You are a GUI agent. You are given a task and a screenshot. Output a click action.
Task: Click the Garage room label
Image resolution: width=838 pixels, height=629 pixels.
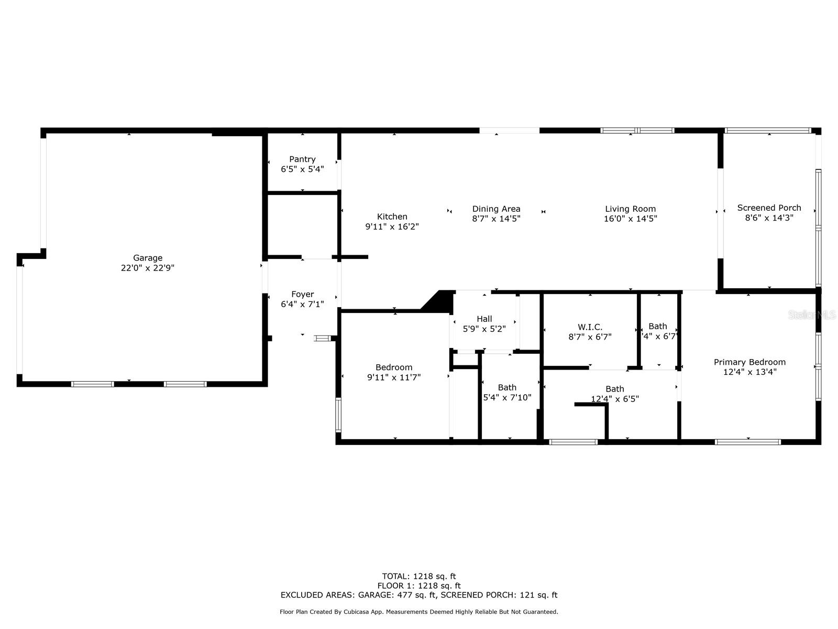pyautogui.click(x=147, y=258)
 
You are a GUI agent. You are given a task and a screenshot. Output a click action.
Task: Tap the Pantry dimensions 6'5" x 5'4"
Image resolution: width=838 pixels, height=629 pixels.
pyautogui.click(x=302, y=169)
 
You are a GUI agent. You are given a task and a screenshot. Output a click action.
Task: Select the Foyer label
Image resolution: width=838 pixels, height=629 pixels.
pyautogui.click(x=302, y=294)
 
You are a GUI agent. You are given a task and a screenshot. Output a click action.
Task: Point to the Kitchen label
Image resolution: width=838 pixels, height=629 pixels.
pyautogui.click(x=392, y=216)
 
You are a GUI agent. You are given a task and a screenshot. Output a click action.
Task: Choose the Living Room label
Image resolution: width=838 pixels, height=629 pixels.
pyautogui.click(x=630, y=209)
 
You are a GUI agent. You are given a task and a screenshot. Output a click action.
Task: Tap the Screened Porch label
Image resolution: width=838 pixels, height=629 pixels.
pyautogui.click(x=769, y=208)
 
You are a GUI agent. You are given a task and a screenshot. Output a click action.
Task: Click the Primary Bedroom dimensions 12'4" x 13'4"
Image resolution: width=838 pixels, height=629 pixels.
pyautogui.click(x=749, y=372)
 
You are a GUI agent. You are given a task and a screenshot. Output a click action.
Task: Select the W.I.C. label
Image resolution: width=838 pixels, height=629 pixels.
pyautogui.click(x=590, y=327)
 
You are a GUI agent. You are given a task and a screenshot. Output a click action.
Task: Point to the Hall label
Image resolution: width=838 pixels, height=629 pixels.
pyautogui.click(x=484, y=319)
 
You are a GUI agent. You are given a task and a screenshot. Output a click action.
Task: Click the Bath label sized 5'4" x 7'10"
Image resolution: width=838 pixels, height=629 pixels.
pyautogui.click(x=506, y=387)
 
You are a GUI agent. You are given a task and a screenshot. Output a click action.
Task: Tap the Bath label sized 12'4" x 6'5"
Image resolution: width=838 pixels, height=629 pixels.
pyautogui.click(x=614, y=389)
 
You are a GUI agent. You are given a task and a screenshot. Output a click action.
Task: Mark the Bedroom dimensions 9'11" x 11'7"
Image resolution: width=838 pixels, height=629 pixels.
pyautogui.click(x=394, y=377)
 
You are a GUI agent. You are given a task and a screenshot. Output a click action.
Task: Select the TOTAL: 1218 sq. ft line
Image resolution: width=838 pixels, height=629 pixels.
pyautogui.click(x=418, y=577)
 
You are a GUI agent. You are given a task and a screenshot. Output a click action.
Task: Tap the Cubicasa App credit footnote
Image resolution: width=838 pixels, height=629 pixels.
pyautogui.click(x=418, y=612)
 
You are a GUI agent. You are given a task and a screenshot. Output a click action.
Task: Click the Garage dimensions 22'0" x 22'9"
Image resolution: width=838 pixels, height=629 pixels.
pyautogui.click(x=147, y=268)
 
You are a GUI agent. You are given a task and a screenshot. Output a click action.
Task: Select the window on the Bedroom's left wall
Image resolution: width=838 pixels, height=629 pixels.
pyautogui.click(x=338, y=415)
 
